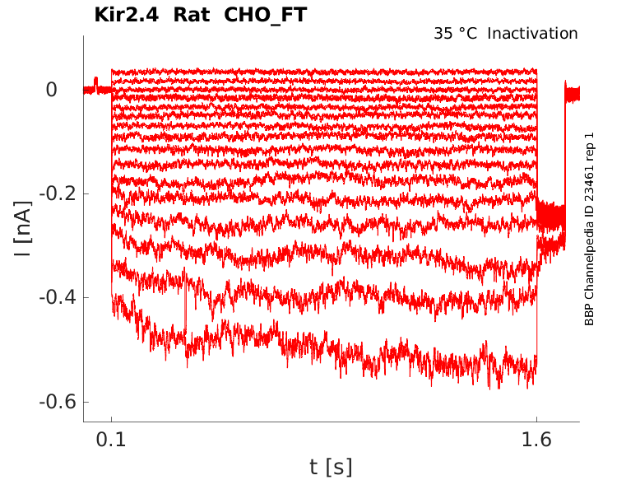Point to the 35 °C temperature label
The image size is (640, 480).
[x=455, y=34]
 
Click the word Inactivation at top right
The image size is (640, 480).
[x=533, y=34]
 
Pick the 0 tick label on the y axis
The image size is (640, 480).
[x=51, y=89]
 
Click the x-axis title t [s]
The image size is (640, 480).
[x=331, y=468]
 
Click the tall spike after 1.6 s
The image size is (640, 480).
[x=565, y=91]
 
